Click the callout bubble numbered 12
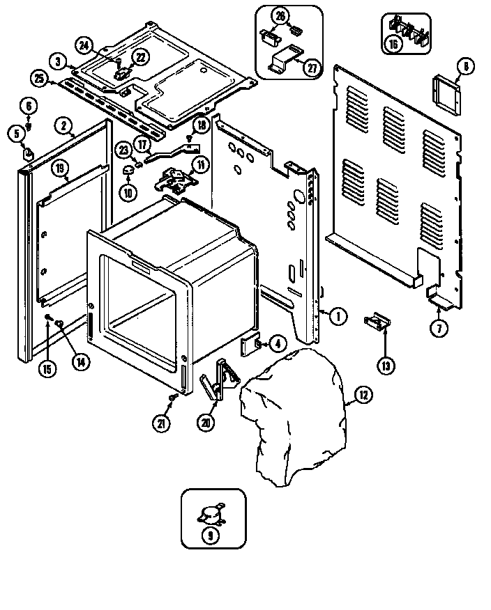click(x=363, y=396)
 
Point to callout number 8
click(x=465, y=68)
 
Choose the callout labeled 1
click(x=337, y=317)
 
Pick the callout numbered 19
click(x=60, y=168)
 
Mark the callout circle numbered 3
click(x=60, y=62)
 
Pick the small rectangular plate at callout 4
click(x=250, y=345)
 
